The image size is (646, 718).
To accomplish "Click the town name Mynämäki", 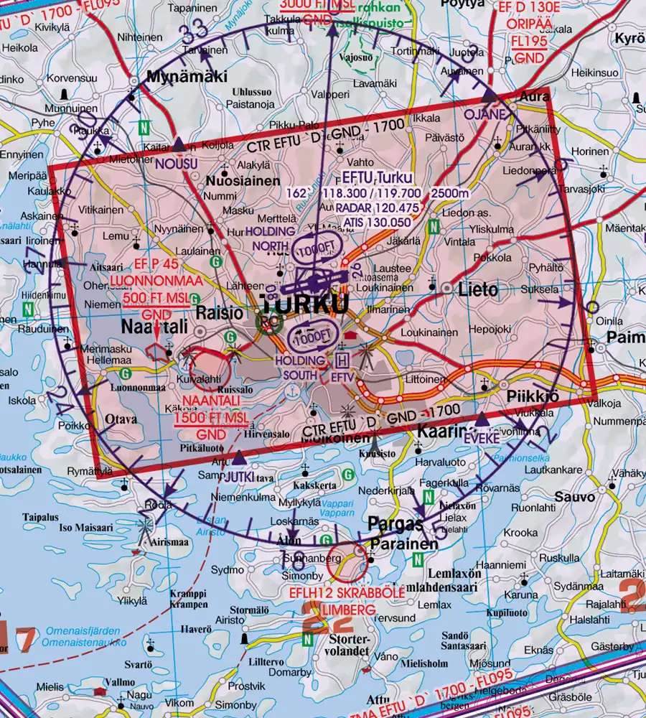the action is click(x=177, y=76).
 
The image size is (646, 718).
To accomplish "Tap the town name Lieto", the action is click(x=479, y=290).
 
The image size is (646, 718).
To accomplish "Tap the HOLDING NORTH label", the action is click(x=270, y=238).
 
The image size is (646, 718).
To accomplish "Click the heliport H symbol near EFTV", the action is click(x=342, y=358).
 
